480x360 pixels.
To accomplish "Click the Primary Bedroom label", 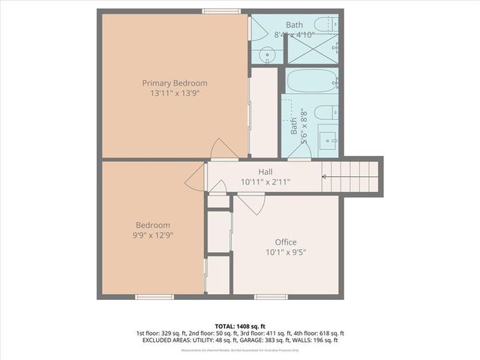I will pos(175,82).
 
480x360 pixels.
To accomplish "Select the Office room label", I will pos(285,241).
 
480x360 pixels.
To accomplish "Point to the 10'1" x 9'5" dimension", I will pos(285,252).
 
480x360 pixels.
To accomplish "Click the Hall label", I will pos(265,172).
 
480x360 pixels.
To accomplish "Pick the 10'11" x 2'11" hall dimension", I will pos(265,182).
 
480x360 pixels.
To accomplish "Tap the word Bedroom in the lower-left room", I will pos(152,225).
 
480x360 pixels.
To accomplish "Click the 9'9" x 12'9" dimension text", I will pos(152,235).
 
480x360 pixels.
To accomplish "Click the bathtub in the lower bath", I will pos(312,80).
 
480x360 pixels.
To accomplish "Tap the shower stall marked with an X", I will pos(313,48).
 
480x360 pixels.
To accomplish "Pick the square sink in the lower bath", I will pos(328,139).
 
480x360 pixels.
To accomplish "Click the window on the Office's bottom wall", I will pos(270,297).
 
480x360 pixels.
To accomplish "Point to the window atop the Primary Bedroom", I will pos(221,11).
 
